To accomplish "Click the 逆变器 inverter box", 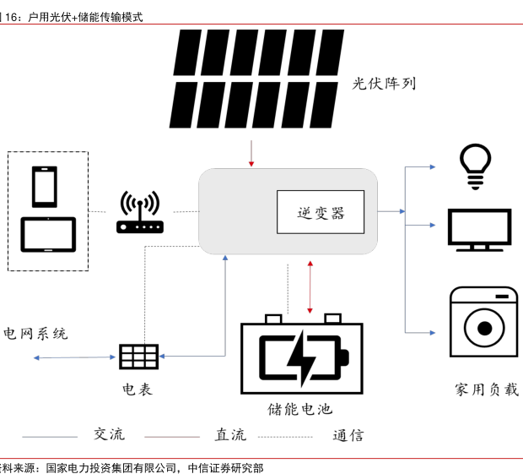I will coord(321,212).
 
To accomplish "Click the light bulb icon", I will coord(475,165).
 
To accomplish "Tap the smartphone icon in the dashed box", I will coord(44,186).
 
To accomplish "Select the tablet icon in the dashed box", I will coord(48,235).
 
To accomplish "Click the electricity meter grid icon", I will coord(138,357).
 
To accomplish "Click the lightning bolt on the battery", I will coord(301,358).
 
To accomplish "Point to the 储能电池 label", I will coord(300,410).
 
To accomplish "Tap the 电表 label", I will coord(137,390).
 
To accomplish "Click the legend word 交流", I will coord(109,434).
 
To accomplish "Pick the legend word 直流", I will coord(230,435).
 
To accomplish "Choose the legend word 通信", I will coord(348,436).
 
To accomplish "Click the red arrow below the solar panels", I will coord(251,154).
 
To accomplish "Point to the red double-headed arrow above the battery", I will coord(310,288).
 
